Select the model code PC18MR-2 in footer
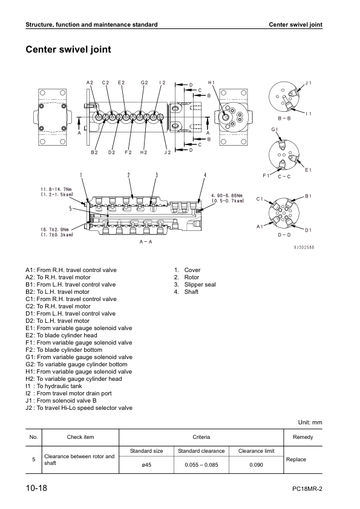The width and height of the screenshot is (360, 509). point(307,488)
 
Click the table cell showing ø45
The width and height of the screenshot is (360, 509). point(146,464)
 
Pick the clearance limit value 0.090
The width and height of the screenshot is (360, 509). point(256,464)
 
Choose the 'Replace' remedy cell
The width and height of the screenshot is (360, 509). point(296,459)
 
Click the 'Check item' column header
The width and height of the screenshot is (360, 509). point(79,436)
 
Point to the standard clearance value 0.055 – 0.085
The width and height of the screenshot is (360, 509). point(201,464)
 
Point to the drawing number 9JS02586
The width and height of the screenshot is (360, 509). point(304,247)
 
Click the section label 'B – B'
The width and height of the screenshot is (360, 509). point(284,118)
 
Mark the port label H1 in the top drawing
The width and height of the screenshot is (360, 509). point(211,82)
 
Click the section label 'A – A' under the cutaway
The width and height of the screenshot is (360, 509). point(146,242)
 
